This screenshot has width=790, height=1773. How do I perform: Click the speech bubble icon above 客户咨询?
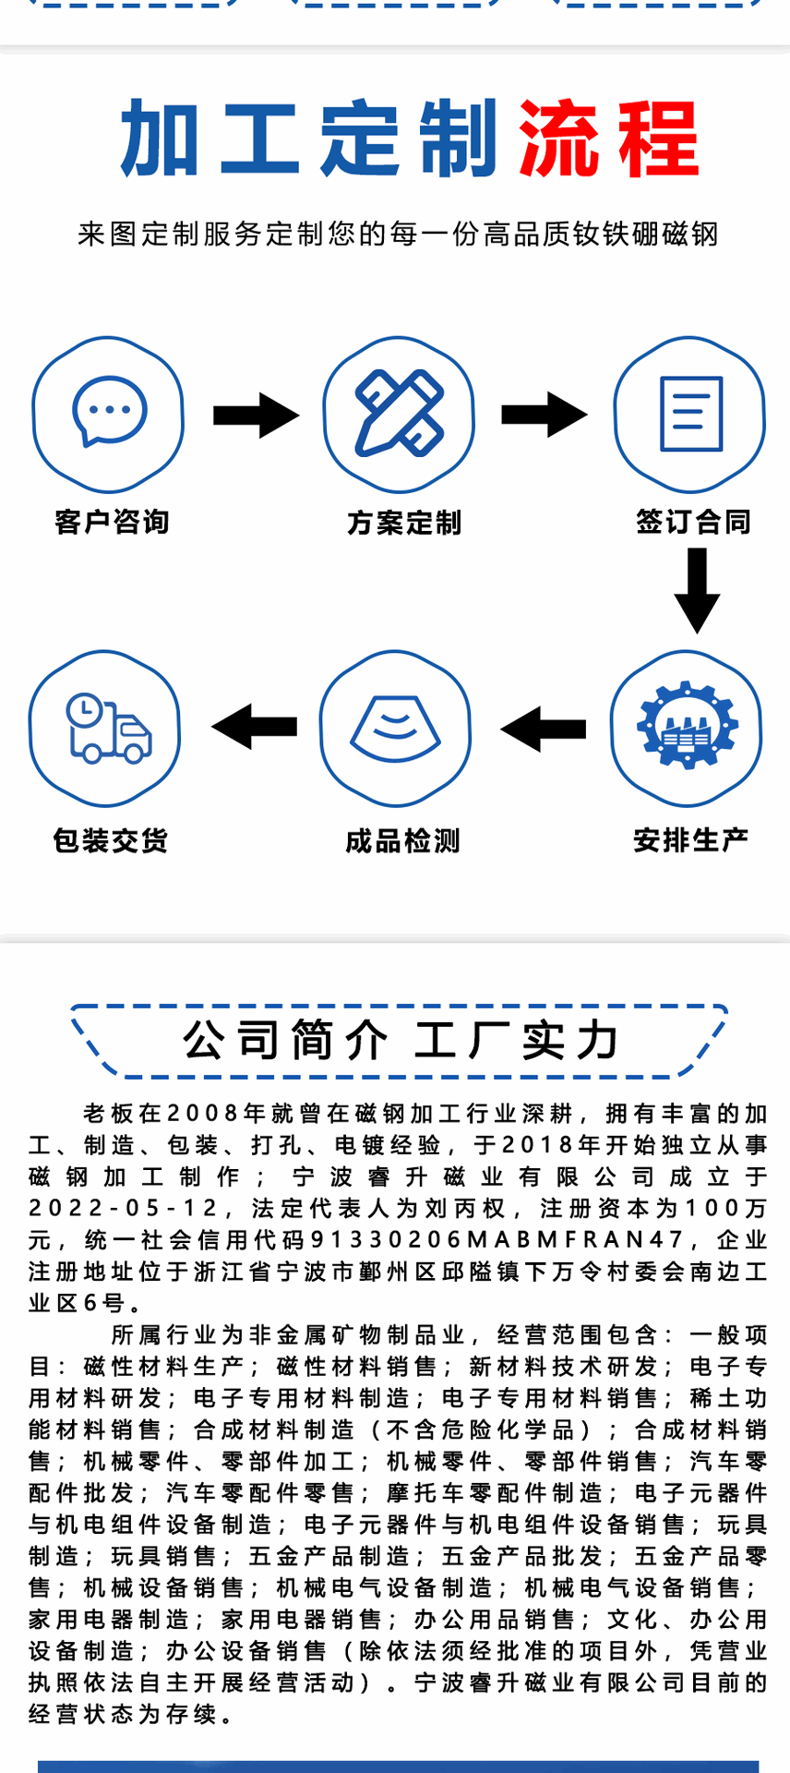point(109,412)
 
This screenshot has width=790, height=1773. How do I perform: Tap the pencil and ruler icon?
point(399,413)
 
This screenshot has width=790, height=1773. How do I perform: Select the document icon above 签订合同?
point(690,413)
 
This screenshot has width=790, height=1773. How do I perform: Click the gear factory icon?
point(687,726)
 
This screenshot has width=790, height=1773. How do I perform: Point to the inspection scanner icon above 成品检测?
point(395,728)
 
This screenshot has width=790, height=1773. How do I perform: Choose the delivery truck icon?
point(107,729)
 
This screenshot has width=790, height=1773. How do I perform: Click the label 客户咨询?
point(112,522)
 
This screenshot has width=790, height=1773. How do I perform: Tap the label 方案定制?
point(403,523)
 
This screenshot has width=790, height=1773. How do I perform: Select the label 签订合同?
point(693,522)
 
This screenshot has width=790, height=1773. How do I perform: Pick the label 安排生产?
point(690,840)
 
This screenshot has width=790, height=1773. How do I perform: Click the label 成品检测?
point(402,841)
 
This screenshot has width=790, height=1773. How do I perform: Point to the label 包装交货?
point(111,840)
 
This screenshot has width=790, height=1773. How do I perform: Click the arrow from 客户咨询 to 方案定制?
point(256,416)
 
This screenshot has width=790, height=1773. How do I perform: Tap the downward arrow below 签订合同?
point(697,589)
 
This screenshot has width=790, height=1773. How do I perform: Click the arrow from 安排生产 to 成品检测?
point(544,729)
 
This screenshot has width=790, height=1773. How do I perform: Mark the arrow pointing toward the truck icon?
point(255,727)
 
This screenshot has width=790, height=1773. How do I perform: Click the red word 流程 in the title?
point(606,140)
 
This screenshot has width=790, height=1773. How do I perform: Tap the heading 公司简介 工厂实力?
point(400,1041)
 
